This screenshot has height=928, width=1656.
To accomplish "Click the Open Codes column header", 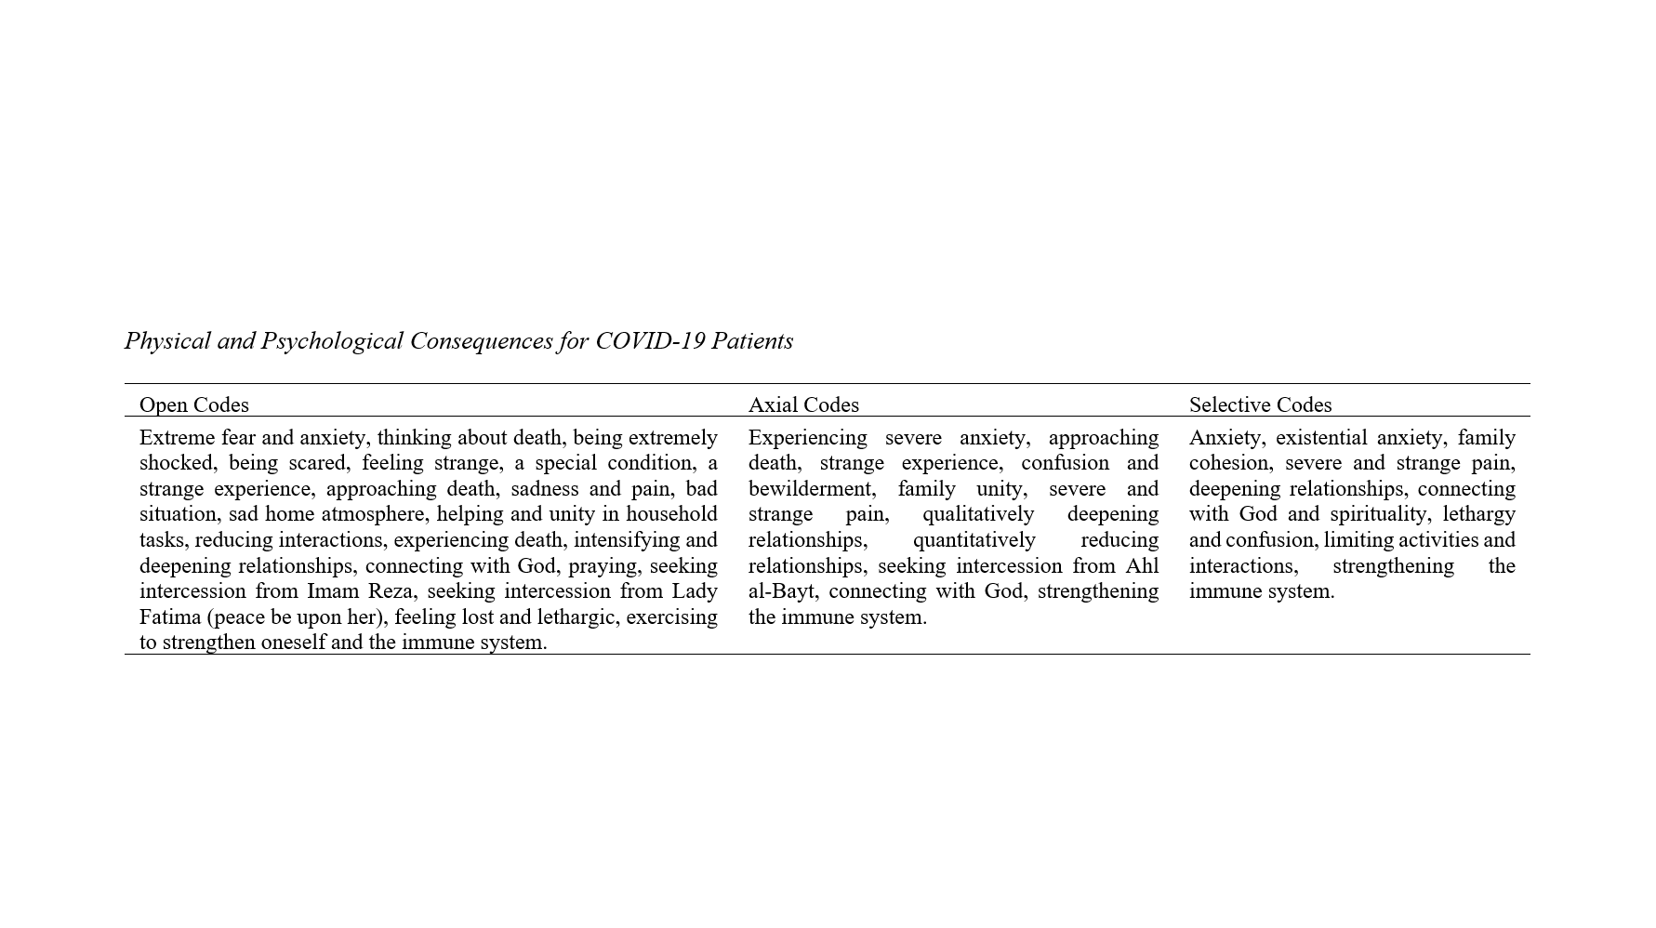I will (x=193, y=404).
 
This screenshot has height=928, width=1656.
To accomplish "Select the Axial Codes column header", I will (x=803, y=404).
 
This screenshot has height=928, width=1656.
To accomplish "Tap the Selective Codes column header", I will (x=1260, y=404).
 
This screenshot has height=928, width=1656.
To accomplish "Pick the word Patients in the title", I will (x=752, y=341).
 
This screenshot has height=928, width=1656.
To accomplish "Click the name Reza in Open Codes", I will (x=390, y=591).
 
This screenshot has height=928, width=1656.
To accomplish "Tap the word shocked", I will (x=176, y=463).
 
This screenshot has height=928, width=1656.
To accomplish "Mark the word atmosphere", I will (x=372, y=514).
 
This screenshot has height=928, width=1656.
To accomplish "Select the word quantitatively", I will (x=974, y=540).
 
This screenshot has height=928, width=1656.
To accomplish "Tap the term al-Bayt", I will (x=782, y=591).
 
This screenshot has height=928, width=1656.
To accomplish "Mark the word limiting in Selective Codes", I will (x=1358, y=540).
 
